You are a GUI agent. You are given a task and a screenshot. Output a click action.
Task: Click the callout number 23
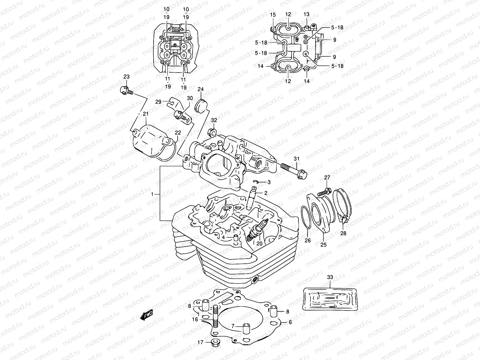point(126,76)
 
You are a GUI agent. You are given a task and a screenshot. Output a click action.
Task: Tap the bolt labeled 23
point(125,90)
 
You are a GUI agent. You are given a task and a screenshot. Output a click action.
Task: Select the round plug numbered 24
point(200,106)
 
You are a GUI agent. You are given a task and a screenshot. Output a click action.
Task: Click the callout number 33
point(330,277)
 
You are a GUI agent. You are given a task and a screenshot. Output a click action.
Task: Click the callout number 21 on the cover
point(146,114)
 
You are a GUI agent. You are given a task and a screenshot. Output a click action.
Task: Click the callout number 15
point(272,15)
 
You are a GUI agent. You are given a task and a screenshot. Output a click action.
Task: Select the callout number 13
point(306,15)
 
